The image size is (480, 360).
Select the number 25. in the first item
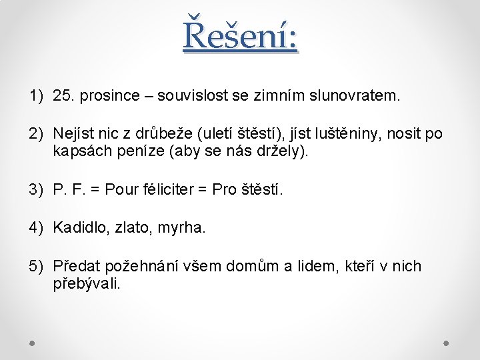point(64,96)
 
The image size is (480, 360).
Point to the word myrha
point(181,228)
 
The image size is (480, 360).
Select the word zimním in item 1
point(283,96)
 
